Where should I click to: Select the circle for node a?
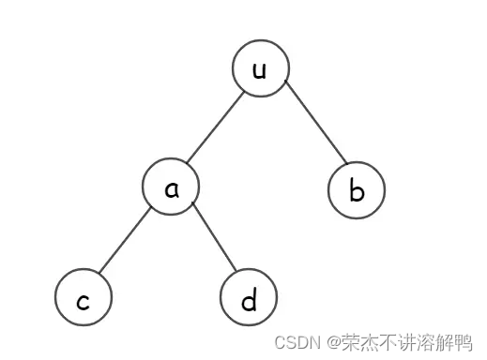(x=172, y=187)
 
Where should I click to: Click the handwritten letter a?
(x=172, y=188)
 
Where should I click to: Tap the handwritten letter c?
(x=84, y=301)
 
